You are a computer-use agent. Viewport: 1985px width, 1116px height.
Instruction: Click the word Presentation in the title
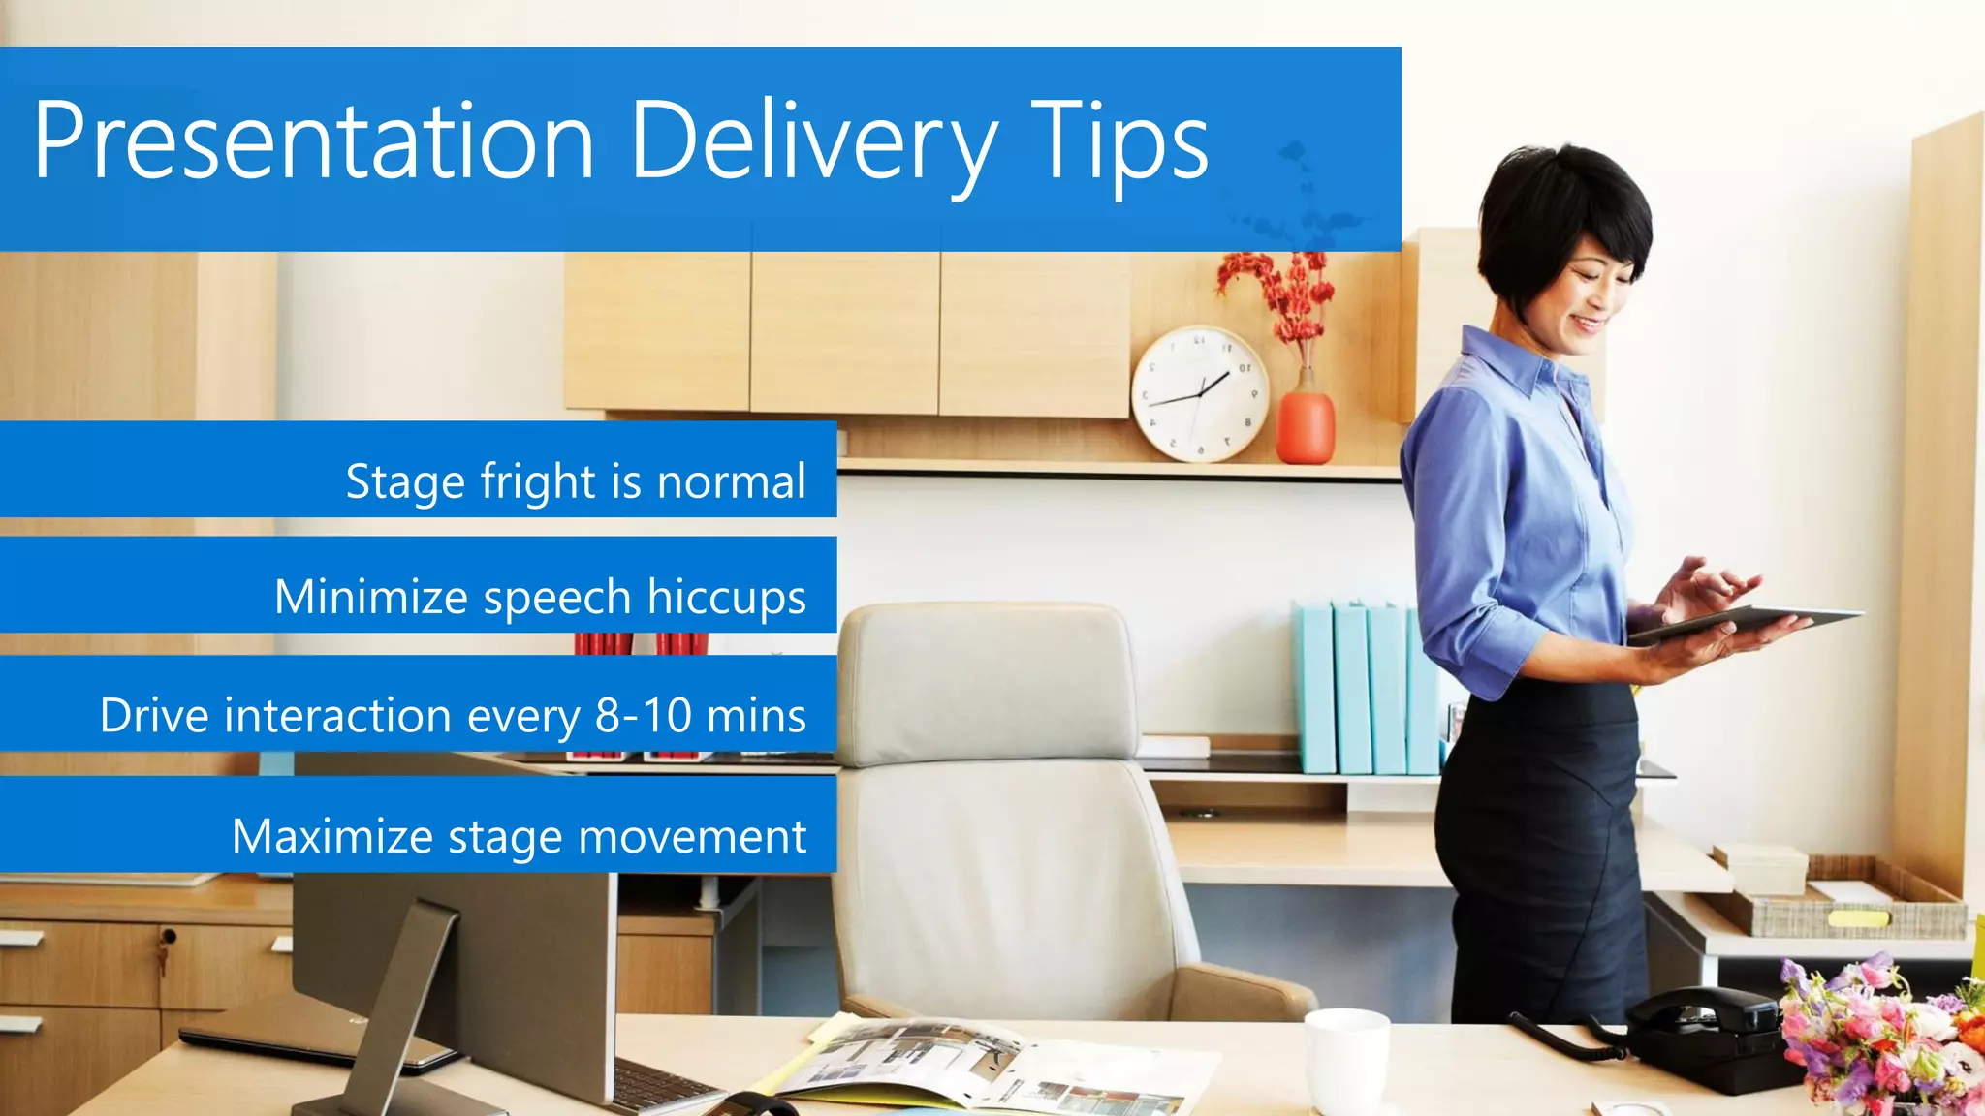pyautogui.click(x=313, y=141)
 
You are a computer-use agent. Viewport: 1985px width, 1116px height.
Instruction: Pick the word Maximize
pyautogui.click(x=331, y=836)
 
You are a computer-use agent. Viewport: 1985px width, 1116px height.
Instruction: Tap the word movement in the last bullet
pyautogui.click(x=692, y=836)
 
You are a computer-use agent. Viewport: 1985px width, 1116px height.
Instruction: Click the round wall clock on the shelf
pyautogui.click(x=1199, y=393)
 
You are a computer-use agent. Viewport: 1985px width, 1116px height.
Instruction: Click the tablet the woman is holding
pyautogui.click(x=1745, y=623)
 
